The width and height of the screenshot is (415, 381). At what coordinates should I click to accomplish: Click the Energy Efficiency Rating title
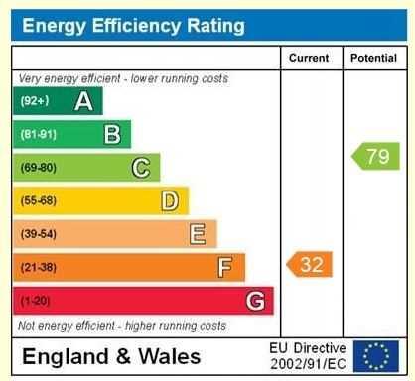click(133, 25)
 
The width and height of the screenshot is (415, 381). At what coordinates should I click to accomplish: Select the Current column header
click(309, 59)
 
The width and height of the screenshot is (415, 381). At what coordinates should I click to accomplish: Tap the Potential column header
click(373, 59)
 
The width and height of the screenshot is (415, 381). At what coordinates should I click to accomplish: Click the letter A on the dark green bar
click(84, 101)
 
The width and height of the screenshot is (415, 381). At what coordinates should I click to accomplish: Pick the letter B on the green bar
click(113, 134)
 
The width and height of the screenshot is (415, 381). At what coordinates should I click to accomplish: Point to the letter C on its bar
click(142, 168)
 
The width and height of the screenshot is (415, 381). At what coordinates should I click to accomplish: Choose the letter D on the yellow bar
click(170, 200)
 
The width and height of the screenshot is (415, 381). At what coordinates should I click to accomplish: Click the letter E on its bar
click(199, 234)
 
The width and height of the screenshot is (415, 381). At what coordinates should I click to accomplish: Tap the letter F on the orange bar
click(226, 267)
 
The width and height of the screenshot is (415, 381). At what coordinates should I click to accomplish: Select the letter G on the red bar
click(255, 300)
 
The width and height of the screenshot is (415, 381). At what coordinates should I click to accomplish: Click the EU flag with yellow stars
click(375, 356)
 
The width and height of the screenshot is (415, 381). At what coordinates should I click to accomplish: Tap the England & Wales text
click(111, 357)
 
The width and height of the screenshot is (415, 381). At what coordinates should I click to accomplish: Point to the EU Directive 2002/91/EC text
click(308, 356)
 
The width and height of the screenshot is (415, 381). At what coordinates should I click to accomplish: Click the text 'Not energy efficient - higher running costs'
click(122, 325)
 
